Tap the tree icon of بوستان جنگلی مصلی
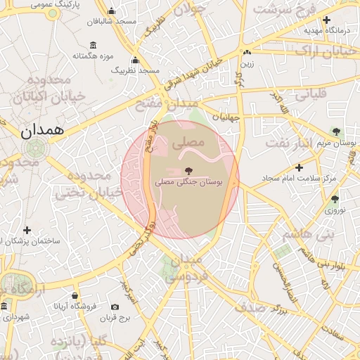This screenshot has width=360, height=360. click(x=188, y=171)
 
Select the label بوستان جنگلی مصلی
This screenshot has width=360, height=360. click(x=188, y=182)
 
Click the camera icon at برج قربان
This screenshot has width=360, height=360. click(x=115, y=307)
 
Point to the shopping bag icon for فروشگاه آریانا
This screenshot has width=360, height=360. click(x=75, y=295)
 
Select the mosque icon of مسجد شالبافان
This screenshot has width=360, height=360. click(x=111, y=11)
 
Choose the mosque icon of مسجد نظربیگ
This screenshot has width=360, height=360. click(x=134, y=60)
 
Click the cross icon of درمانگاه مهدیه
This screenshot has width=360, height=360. click(x=327, y=20)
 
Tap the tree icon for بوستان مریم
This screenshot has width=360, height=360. click(x=336, y=131)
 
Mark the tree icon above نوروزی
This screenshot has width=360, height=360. click(x=335, y=199)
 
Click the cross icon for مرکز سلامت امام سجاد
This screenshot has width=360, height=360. click(x=300, y=167)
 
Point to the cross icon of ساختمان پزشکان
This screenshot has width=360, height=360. click(x=27, y=230)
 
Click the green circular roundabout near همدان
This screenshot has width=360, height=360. click(x=34, y=148)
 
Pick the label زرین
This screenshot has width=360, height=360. click(x=247, y=63)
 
